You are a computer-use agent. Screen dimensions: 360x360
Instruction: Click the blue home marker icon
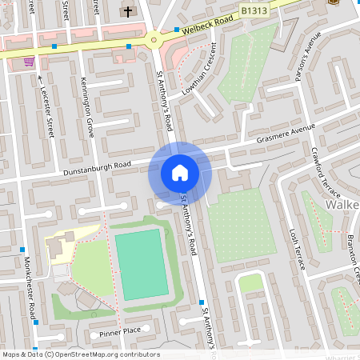180,172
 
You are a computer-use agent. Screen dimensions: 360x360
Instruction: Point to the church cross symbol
128,12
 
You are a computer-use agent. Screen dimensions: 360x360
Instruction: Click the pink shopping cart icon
30,61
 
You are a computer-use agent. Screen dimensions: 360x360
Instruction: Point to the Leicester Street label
45,108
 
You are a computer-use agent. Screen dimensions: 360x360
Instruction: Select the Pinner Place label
120,330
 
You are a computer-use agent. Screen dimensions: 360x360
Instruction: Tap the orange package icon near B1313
332,2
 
